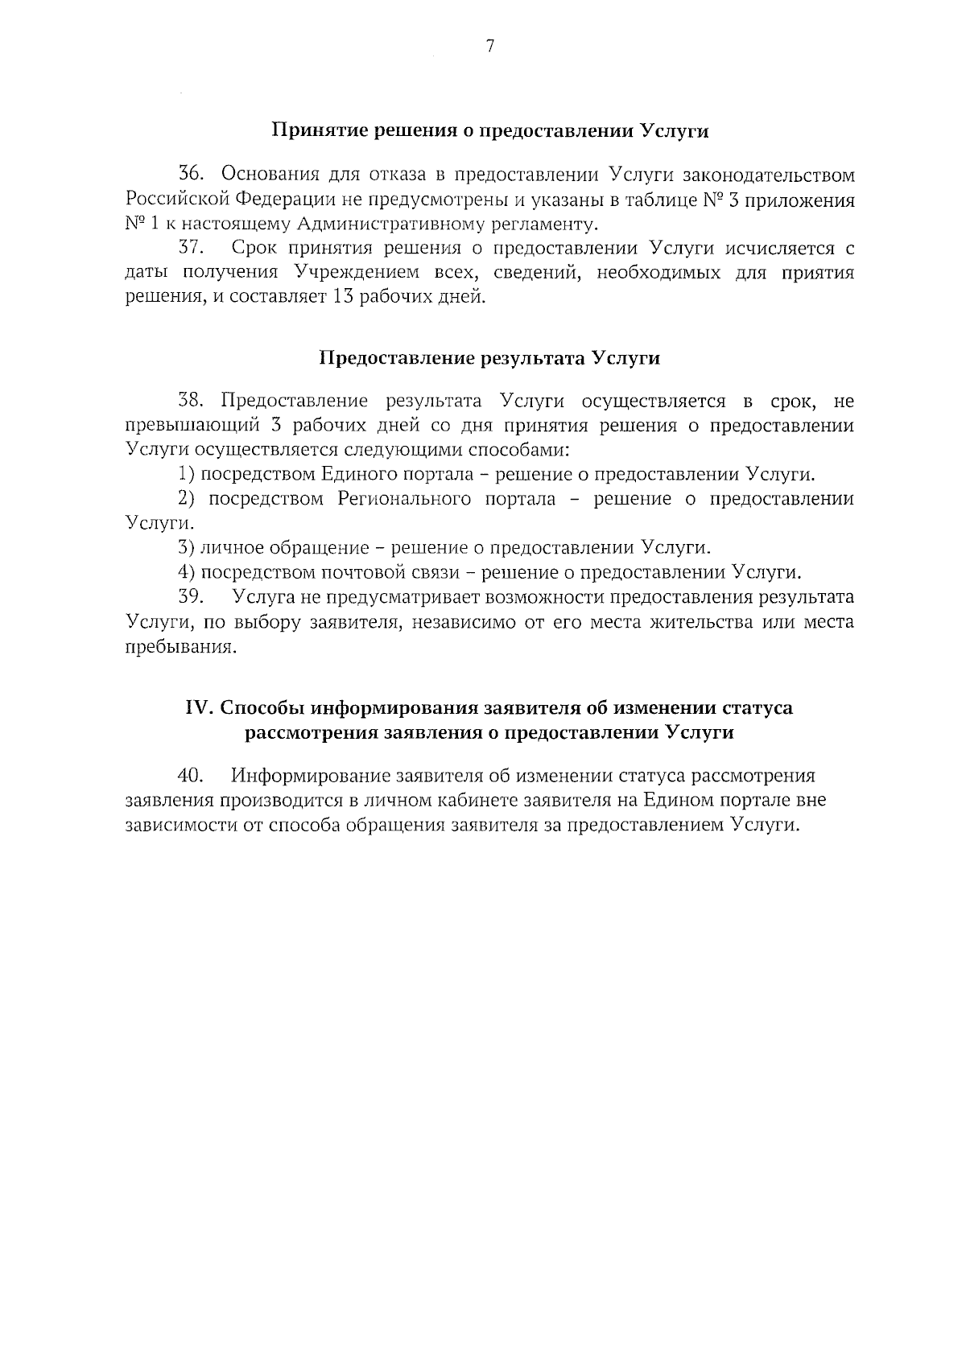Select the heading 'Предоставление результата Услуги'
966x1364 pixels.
(489, 358)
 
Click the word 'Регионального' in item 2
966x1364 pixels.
(404, 499)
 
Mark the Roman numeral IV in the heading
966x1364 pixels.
(198, 708)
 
